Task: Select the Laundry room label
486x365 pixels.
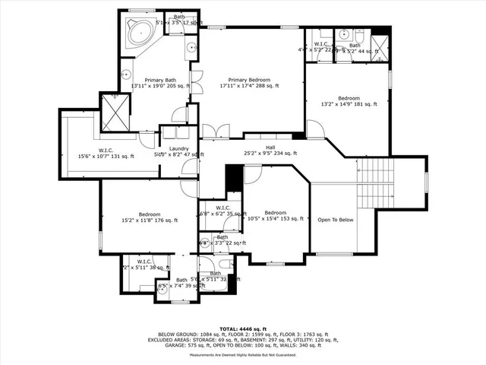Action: pos(179,148)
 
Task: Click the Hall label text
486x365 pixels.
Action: pos(270,148)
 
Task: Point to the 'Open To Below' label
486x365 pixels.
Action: pos(335,219)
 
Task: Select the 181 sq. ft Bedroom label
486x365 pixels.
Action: pos(349,99)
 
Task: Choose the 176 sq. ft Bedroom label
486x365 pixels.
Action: pos(149,214)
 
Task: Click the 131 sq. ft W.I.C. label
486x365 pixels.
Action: pos(106,150)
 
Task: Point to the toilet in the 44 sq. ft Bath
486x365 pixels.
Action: pos(359,35)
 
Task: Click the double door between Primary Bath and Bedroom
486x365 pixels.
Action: pos(197,82)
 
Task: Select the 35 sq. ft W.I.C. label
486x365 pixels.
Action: pos(222,208)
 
